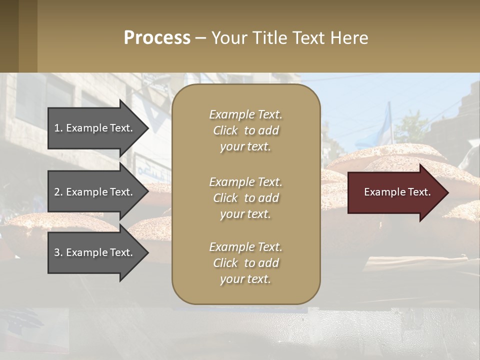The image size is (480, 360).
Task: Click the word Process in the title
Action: (x=157, y=38)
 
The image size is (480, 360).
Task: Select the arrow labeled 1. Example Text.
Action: (x=95, y=128)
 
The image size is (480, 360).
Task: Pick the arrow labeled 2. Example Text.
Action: (x=95, y=192)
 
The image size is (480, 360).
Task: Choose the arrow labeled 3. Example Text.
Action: (x=95, y=252)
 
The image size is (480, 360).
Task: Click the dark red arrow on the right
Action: (x=395, y=192)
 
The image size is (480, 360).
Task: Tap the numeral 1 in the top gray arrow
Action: (x=57, y=128)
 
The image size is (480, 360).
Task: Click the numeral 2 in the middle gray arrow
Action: (x=57, y=192)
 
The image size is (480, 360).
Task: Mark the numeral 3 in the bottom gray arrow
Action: (x=57, y=252)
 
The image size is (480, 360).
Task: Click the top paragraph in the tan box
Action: (x=245, y=130)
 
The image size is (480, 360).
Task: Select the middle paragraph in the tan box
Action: (x=245, y=198)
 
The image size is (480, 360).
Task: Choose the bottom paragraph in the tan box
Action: (x=245, y=263)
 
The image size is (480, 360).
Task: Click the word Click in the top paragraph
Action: (x=225, y=130)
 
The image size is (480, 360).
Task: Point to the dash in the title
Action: (x=200, y=38)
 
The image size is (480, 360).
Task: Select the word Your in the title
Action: (x=229, y=38)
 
